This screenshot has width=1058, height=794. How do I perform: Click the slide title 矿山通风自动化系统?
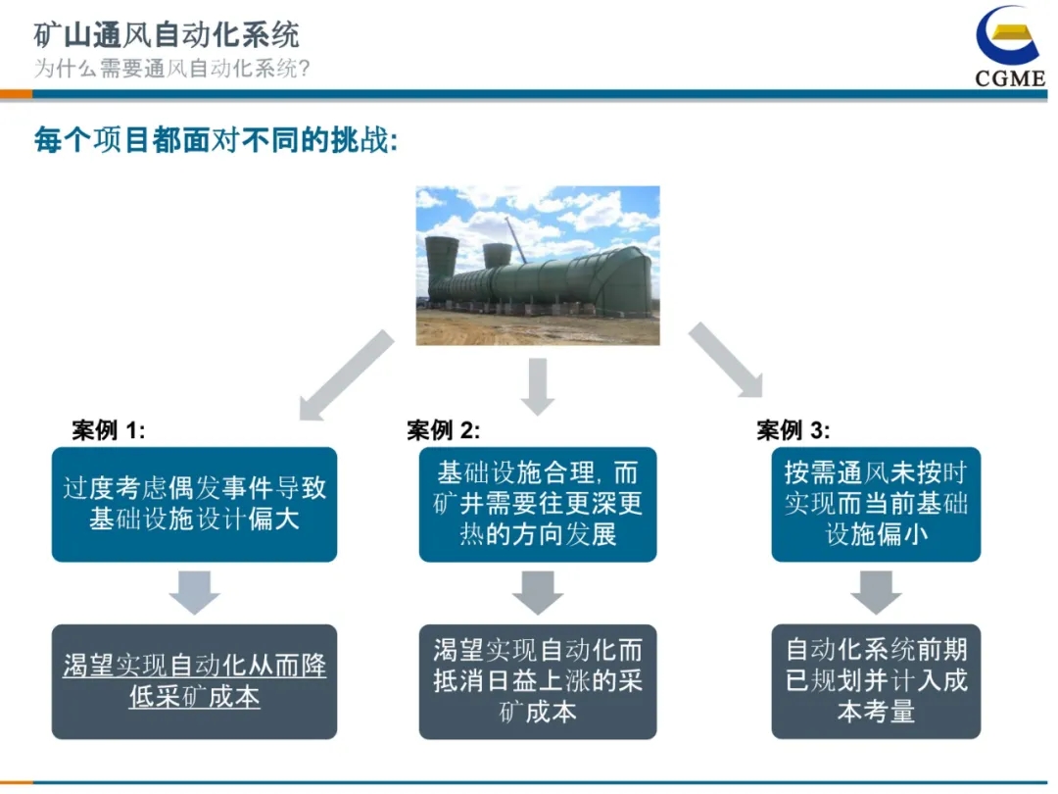[x=166, y=34]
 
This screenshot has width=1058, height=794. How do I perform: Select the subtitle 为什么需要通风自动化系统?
[x=171, y=69]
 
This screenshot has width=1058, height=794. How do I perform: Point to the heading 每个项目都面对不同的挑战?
[x=216, y=140]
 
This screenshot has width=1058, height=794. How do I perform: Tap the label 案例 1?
[x=109, y=429]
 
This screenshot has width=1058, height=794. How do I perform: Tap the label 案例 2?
[x=444, y=429]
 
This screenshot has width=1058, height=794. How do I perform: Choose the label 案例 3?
[x=793, y=429]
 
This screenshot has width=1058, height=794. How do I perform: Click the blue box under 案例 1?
[x=194, y=504]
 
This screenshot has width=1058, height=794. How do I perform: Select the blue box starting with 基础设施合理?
[x=538, y=504]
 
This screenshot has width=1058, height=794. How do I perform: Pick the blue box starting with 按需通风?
[x=876, y=504]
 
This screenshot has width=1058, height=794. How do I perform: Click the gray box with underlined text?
[x=194, y=681]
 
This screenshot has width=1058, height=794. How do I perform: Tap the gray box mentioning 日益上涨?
[x=538, y=681]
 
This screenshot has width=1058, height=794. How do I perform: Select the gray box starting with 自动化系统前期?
[x=876, y=681]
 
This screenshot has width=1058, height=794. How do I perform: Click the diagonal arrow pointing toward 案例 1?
[x=346, y=375]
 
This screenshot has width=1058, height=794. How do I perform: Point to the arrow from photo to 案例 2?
[x=538, y=386]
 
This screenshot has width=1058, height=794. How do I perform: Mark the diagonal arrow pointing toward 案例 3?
[x=726, y=360]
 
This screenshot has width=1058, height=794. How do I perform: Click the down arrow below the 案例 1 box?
[x=194, y=592]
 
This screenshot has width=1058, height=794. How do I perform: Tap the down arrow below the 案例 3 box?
[x=876, y=592]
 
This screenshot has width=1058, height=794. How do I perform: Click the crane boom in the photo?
[x=516, y=240]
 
